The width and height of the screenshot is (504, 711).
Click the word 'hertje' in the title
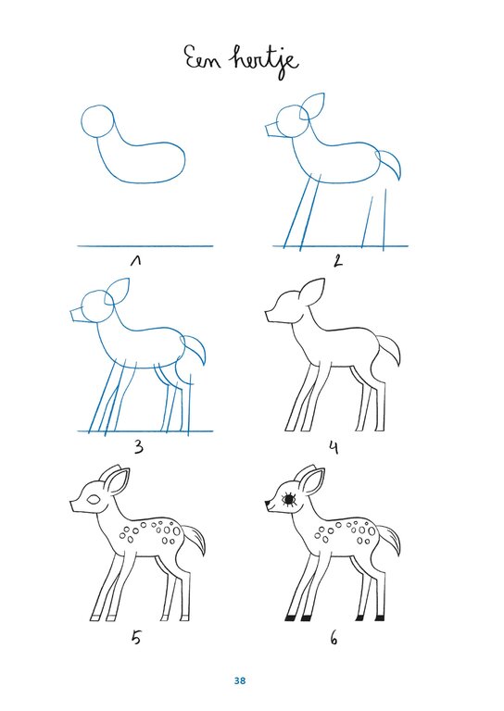[265, 61]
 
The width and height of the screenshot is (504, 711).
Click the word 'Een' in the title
[203, 58]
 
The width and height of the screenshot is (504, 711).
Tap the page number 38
[240, 680]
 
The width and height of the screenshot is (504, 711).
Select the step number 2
[337, 261]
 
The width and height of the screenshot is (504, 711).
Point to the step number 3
[139, 447]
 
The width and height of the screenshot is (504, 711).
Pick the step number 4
[334, 448]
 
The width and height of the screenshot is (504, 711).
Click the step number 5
[136, 638]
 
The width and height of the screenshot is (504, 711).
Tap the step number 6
[334, 639]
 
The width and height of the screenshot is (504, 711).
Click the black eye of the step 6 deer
[289, 499]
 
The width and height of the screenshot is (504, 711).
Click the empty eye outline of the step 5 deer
[94, 499]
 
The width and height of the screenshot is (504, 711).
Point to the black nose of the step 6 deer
[268, 503]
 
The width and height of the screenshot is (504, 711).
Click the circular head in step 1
[96, 121]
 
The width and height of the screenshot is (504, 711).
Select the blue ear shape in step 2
[312, 107]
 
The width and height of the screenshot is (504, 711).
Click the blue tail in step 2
[389, 164]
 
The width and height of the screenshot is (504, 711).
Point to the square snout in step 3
[77, 314]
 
